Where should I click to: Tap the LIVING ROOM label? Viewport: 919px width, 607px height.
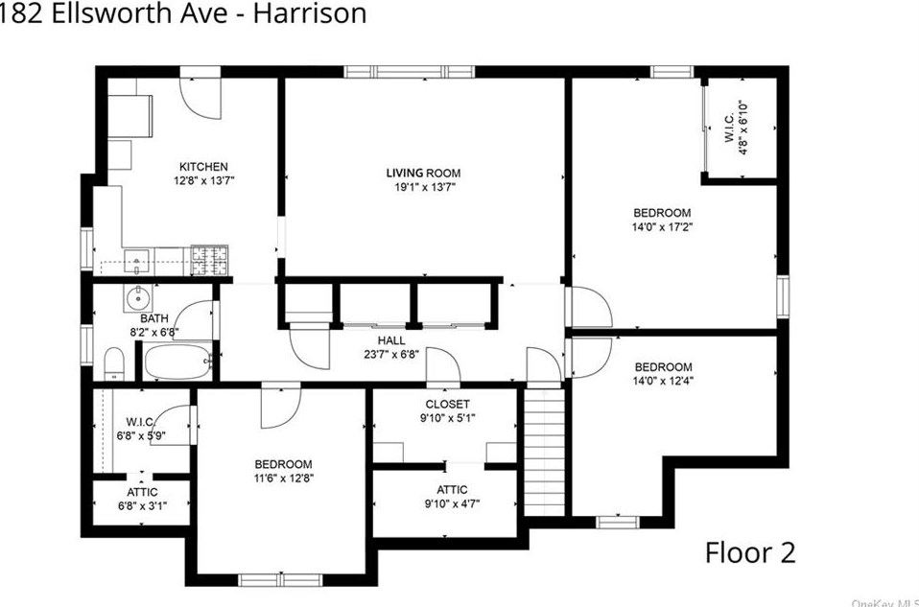pos(423,173)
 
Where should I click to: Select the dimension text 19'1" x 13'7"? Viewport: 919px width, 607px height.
pos(423,188)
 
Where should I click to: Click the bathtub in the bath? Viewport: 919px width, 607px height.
pos(177,364)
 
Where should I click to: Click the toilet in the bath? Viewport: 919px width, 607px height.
pos(113,363)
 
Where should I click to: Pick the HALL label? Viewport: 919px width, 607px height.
pos(390,340)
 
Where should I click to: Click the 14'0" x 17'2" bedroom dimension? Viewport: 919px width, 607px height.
pos(661,228)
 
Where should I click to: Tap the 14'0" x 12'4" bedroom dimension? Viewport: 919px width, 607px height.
pos(662,383)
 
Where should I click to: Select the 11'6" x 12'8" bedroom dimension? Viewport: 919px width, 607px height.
pos(283,479)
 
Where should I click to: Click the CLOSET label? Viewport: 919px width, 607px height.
pos(447,404)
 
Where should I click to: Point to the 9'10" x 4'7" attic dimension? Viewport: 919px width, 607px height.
pos(447,503)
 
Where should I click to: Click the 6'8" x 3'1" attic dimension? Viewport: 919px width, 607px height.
pos(141,506)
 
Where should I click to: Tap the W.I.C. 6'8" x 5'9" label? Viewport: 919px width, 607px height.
pos(141,429)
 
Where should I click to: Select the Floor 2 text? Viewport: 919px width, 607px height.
pos(749,552)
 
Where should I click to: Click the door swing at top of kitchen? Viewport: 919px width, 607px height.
pos(201,97)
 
